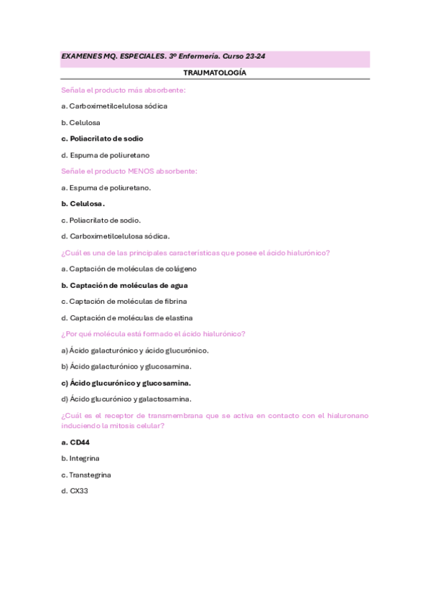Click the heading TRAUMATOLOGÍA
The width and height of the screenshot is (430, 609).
(215, 73)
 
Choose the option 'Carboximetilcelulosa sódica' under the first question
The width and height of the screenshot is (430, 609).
(118, 106)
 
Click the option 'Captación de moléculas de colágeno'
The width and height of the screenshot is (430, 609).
(133, 269)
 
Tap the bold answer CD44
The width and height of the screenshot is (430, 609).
(79, 442)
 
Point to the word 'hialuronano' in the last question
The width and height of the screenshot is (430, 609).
(342, 415)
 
